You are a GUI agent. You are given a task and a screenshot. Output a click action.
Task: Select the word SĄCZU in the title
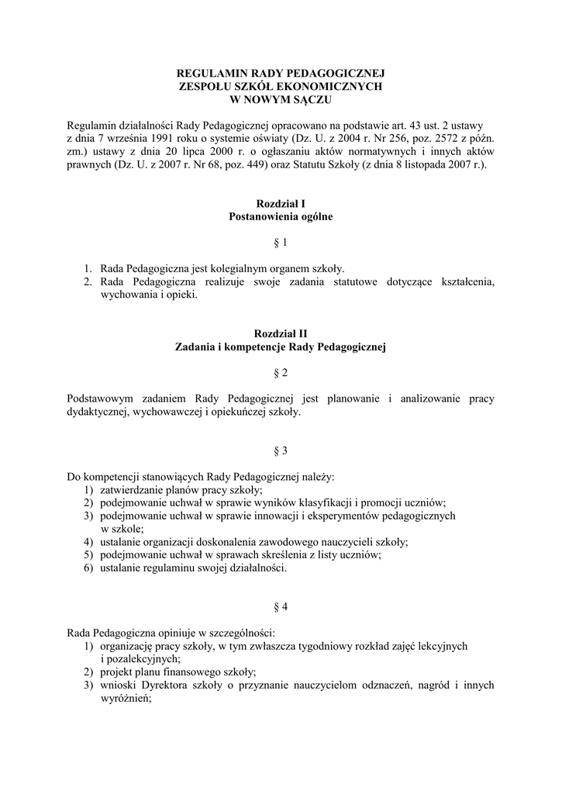click(310, 100)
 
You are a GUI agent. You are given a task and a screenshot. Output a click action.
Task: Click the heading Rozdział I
click(281, 203)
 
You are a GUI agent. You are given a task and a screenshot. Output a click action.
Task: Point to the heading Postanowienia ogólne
click(281, 217)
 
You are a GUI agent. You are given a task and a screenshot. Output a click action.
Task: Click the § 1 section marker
click(281, 243)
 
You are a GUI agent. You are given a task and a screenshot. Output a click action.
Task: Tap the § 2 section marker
click(281, 373)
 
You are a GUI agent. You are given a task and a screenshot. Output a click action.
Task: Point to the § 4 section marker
click(281, 605)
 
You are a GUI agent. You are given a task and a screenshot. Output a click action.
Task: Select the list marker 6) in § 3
click(89, 568)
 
